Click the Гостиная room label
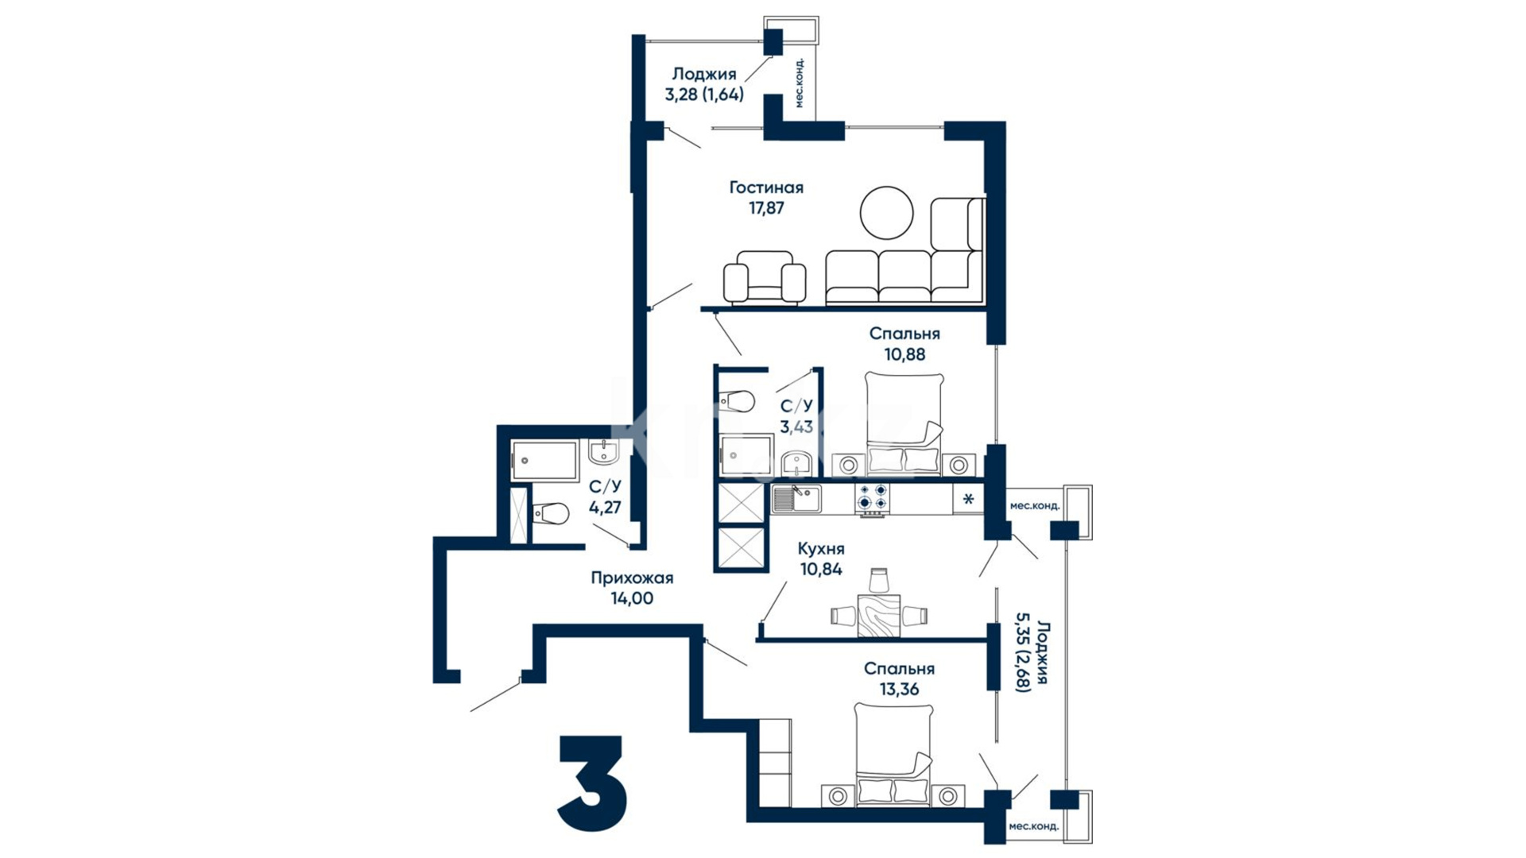[766, 187]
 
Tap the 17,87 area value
[766, 208]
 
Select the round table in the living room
[886, 212]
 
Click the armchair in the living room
[764, 277]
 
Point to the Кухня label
[821, 549]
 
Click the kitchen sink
[796, 498]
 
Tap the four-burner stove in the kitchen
[872, 498]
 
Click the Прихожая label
[632, 578]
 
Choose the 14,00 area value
[632, 599]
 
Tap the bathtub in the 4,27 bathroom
[544, 461]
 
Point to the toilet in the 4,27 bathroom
[551, 513]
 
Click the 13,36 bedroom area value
[899, 690]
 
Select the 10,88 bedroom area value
[904, 354]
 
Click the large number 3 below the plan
[592, 783]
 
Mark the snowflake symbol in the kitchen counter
[968, 500]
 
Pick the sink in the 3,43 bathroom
[795, 462]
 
